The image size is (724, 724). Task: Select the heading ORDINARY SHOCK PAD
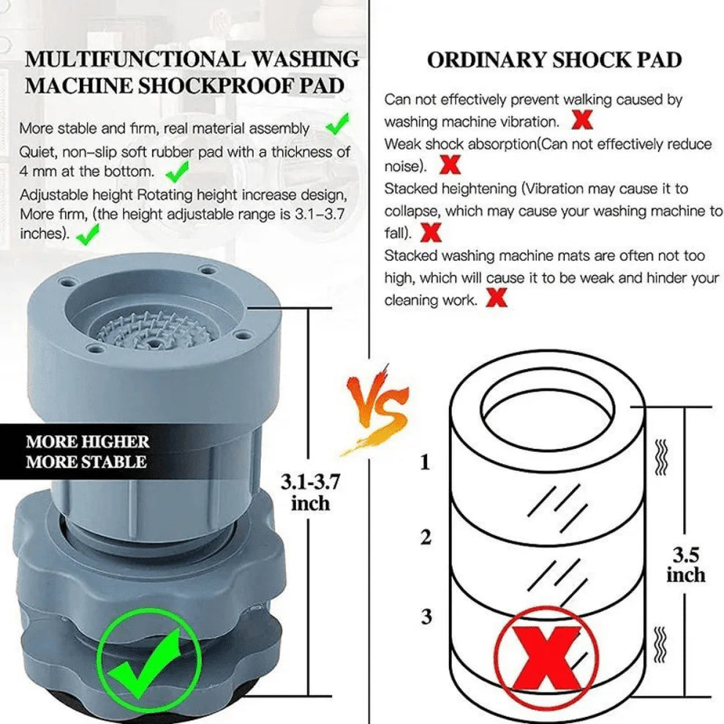554,61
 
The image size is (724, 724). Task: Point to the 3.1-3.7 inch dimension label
310,492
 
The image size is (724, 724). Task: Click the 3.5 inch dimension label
685,565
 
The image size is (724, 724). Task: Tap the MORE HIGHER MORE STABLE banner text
87,451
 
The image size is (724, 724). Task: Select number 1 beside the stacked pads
426,462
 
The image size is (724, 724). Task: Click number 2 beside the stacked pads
426,538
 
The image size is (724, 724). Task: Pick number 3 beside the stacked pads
426,616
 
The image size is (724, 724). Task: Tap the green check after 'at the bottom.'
177,172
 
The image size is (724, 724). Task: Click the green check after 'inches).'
88,235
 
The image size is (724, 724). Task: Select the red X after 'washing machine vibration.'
582,118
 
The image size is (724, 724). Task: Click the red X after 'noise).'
451,165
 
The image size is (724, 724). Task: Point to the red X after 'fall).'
431,233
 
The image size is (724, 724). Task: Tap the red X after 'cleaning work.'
497,298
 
